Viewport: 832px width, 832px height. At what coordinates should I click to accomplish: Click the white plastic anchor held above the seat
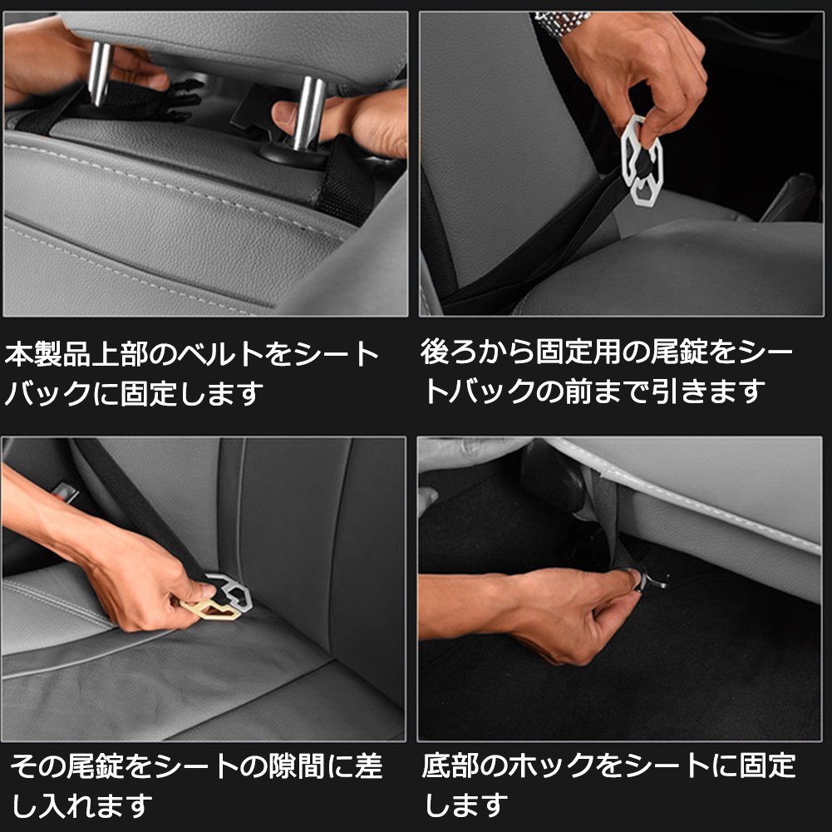(642, 160)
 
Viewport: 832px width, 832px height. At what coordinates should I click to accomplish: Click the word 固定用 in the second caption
(578, 352)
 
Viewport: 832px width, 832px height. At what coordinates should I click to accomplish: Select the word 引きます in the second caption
(707, 391)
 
